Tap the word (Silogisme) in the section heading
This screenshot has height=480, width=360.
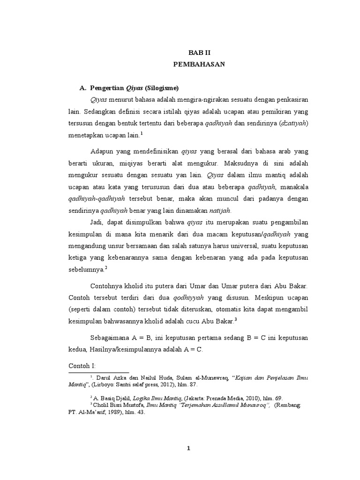pyautogui.click(x=162, y=88)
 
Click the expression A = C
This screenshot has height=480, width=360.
pyautogui.click(x=195, y=349)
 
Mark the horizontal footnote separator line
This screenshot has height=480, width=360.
pyautogui.click(x=98, y=373)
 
